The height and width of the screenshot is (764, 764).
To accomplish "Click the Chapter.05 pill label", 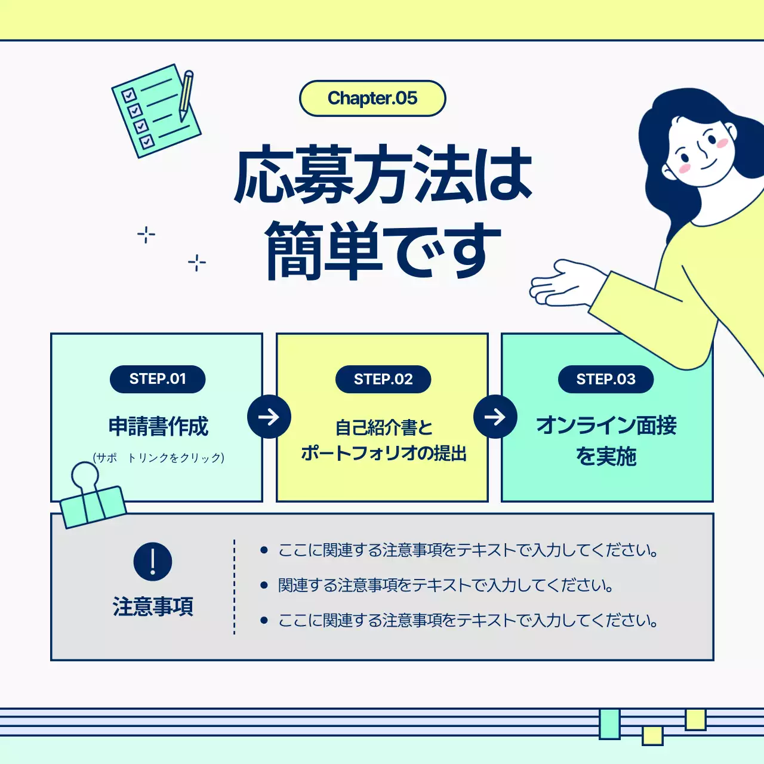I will pyautogui.click(x=372, y=98).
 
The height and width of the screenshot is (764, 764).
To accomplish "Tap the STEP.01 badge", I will pyautogui.click(x=158, y=379).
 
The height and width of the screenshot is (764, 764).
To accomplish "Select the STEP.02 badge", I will pyautogui.click(x=383, y=379).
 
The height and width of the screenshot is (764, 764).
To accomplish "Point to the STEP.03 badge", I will pyautogui.click(x=606, y=379).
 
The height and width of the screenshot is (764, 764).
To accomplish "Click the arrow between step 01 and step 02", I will pyautogui.click(x=269, y=417).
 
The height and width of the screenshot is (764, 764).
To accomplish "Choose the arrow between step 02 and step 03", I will pyautogui.click(x=495, y=417).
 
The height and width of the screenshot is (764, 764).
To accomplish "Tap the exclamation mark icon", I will pyautogui.click(x=153, y=562).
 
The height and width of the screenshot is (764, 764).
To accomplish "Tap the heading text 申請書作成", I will pyautogui.click(x=158, y=427).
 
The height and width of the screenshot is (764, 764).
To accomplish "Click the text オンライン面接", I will pyautogui.click(x=606, y=426).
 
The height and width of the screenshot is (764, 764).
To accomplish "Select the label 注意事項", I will pyautogui.click(x=153, y=606).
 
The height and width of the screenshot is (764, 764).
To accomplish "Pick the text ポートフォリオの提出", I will pyautogui.click(x=384, y=454).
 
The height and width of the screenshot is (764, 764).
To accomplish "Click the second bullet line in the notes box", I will pyautogui.click(x=445, y=586).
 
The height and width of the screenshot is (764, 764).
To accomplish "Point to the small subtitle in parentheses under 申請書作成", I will pyautogui.click(x=159, y=458).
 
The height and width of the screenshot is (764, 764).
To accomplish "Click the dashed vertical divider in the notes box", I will pyautogui.click(x=235, y=587).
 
